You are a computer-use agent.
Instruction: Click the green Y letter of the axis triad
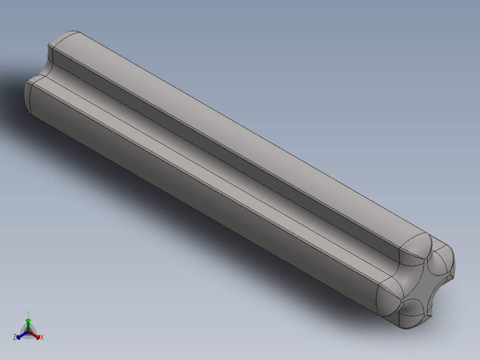28,313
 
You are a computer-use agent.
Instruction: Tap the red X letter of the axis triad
42,338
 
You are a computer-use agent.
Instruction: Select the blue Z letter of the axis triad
15,338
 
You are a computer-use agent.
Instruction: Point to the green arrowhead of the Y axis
28,320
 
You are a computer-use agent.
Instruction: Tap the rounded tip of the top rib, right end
416,245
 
